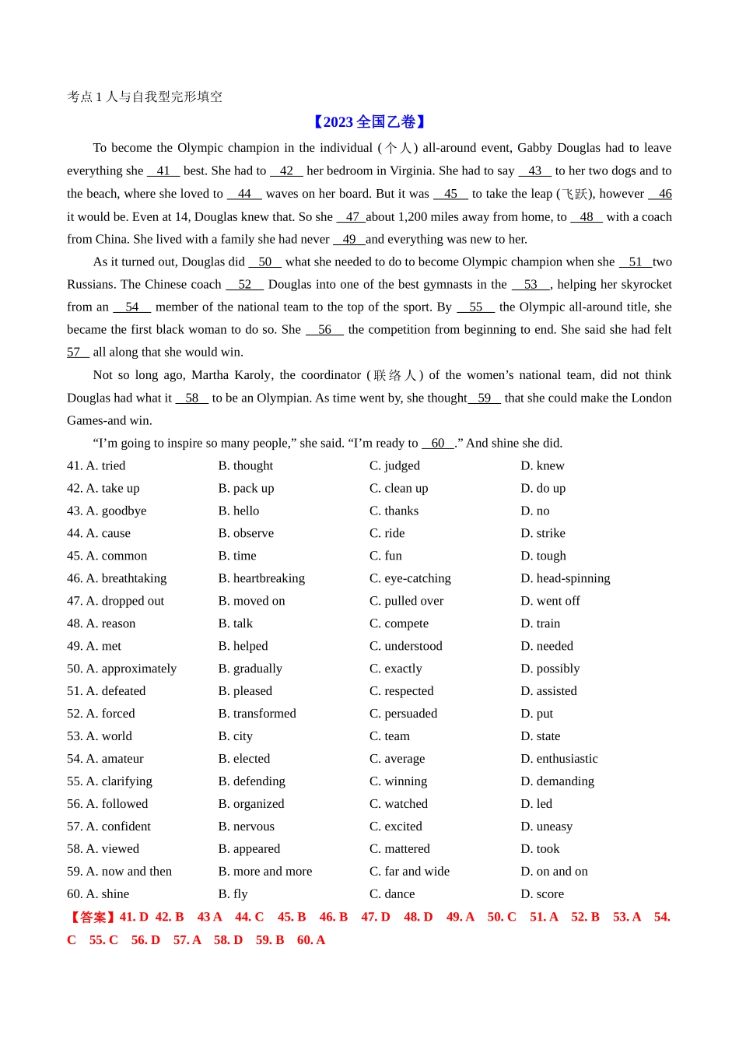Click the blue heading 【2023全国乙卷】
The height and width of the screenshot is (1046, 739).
pyautogui.click(x=369, y=121)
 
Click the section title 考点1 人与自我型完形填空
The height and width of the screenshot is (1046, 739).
pyautogui.click(x=145, y=97)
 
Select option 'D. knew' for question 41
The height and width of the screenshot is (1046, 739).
pyautogui.click(x=542, y=465)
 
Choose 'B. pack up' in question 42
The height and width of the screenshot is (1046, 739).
pyautogui.click(x=246, y=488)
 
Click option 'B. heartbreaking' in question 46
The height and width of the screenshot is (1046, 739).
pyautogui.click(x=261, y=578)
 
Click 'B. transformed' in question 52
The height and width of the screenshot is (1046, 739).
pyautogui.click(x=257, y=714)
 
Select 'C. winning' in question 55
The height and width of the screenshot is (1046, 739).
pyautogui.click(x=398, y=781)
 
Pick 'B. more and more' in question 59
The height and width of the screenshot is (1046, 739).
pyautogui.click(x=264, y=872)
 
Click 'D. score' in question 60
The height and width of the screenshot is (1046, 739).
pyautogui.click(x=542, y=894)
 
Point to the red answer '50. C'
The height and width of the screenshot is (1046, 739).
pyautogui.click(x=502, y=917)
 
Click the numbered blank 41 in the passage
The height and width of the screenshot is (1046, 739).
pyautogui.click(x=163, y=170)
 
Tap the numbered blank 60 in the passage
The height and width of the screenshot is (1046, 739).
pyautogui.click(x=438, y=443)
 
